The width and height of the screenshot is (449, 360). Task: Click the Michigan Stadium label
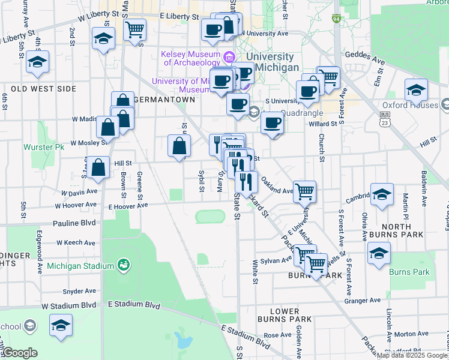(80, 266)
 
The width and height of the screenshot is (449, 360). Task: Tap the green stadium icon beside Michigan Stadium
(124, 265)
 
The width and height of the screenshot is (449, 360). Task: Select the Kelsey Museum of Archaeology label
(191, 58)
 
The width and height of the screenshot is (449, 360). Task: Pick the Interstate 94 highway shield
(337, 19)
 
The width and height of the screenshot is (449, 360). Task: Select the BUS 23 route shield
(384, 120)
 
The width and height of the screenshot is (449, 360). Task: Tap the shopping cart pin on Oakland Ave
(305, 191)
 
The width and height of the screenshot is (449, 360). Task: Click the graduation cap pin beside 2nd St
(103, 39)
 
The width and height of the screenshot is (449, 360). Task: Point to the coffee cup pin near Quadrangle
(272, 122)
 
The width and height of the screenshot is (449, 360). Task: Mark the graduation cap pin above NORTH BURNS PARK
(382, 194)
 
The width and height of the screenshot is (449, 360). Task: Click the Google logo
(19, 353)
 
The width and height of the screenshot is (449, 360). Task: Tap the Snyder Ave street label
(80, 291)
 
